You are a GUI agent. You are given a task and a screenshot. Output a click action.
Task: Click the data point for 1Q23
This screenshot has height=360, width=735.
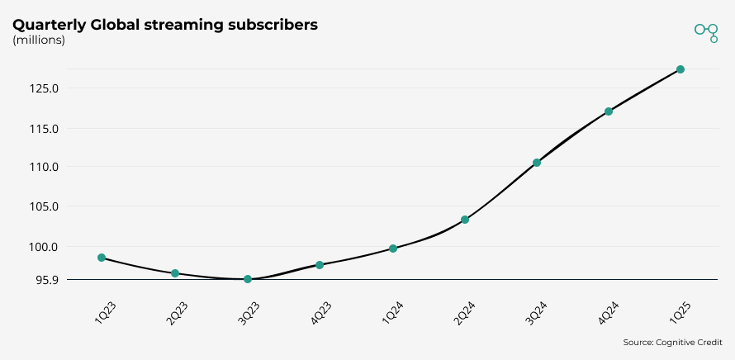102,258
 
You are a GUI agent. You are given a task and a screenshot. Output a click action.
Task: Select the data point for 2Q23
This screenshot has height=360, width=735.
175,273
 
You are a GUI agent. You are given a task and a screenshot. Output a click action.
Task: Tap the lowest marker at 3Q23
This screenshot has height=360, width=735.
248,279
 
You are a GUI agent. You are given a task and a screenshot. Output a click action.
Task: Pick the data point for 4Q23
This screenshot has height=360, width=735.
320,265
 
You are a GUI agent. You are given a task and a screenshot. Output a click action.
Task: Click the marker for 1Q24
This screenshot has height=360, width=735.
393,249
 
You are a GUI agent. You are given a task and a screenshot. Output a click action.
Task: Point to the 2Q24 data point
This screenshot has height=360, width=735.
465,220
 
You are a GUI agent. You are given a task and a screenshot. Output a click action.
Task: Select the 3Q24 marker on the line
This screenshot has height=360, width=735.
537,163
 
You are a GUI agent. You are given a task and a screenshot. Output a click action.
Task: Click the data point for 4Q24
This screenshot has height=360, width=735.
609,111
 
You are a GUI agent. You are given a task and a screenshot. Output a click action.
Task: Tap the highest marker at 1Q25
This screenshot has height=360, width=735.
680,69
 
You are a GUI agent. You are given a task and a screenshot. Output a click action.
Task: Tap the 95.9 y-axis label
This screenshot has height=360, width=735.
46,280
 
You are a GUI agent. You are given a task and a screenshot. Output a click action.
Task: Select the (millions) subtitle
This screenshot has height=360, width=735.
39,40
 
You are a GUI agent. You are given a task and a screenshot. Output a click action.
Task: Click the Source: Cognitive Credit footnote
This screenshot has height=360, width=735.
672,342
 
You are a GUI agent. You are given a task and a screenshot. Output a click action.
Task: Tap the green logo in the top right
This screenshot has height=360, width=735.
706,31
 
